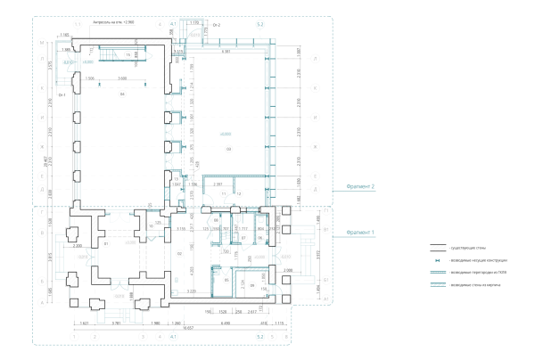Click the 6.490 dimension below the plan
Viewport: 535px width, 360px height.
pos(226,322)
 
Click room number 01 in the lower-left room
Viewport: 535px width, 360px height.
pos(105,242)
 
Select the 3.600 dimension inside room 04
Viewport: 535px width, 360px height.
pos(121,78)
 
